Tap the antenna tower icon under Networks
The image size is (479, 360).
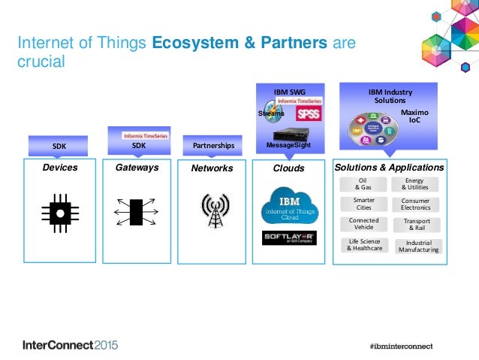pos(215,212)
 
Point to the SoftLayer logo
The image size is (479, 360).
pos(289,239)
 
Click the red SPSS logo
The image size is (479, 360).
pos(307,114)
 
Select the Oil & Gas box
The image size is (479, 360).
pos(363,184)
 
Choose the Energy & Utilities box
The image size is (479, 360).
pos(414,184)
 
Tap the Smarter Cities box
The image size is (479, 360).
pos(363,204)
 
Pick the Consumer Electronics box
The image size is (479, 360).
pos(415,204)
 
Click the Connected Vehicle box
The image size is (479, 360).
pos(363,224)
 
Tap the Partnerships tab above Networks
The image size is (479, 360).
pos(213,146)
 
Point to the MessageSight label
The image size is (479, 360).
pos(289,144)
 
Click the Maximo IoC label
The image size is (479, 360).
pos(414,115)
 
